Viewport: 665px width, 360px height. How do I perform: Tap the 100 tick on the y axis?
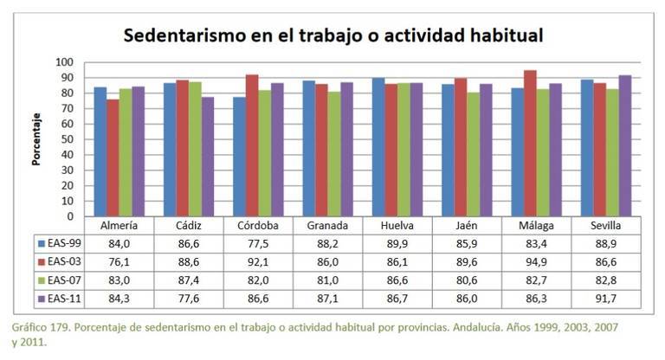tap(66, 62)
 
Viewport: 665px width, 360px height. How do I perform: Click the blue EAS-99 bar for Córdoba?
tap(239, 156)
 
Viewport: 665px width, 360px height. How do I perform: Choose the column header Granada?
tap(327, 226)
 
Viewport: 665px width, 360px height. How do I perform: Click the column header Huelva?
tap(397, 226)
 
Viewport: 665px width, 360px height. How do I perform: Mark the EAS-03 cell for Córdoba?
tap(257, 262)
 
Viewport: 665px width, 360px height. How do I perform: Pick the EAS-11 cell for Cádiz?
tap(187, 299)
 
